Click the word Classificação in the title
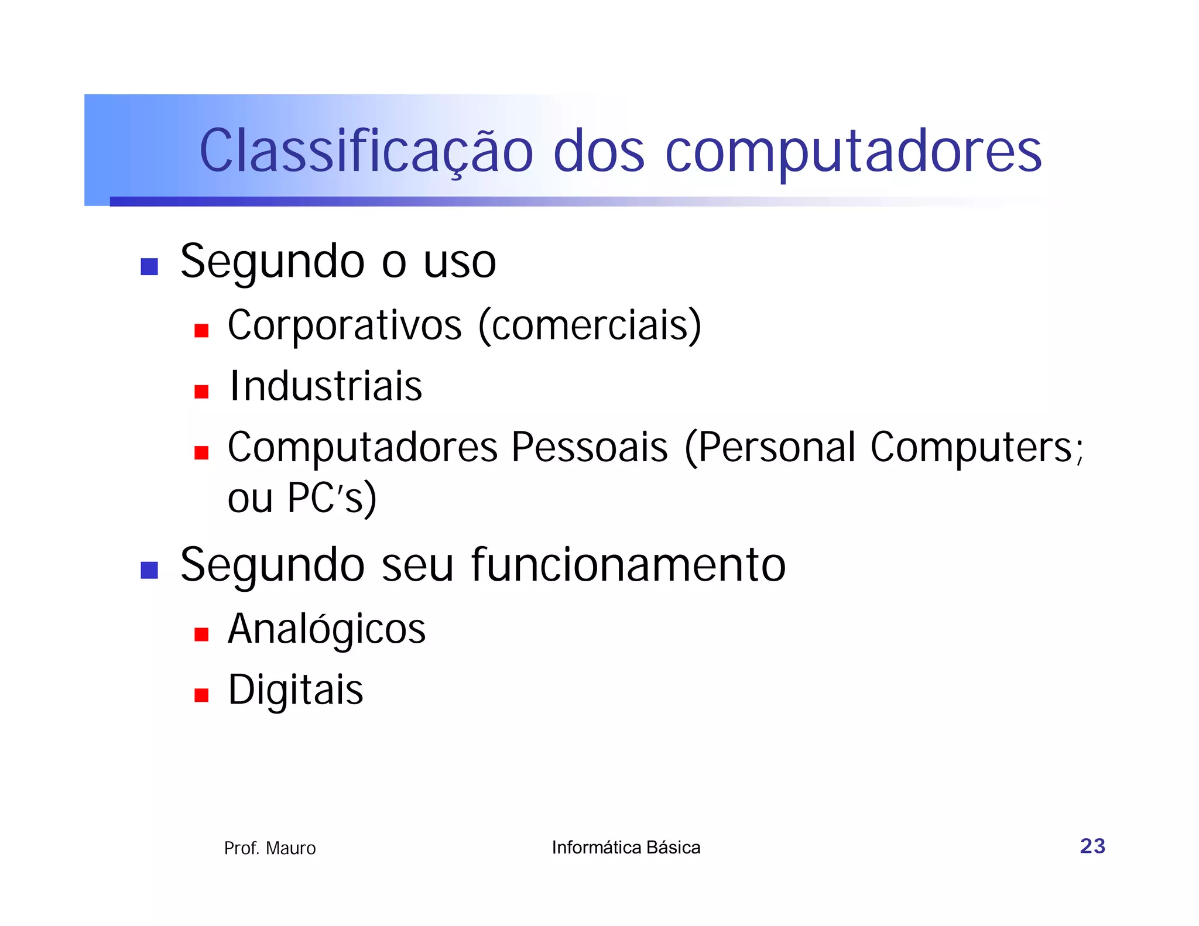(366, 151)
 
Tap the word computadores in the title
(853, 151)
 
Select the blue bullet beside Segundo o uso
(149, 266)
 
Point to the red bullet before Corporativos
(201, 331)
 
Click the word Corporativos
(344, 325)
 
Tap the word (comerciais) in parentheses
(590, 325)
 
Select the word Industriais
(326, 386)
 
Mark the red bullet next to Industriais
(201, 392)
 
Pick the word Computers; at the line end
(977, 447)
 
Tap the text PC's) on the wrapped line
(331, 498)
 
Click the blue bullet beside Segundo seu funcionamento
(149, 570)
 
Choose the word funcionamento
(628, 565)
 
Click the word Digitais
(295, 690)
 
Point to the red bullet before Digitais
(201, 695)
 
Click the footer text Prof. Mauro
(270, 848)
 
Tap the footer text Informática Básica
(626, 848)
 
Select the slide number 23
(1092, 846)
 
